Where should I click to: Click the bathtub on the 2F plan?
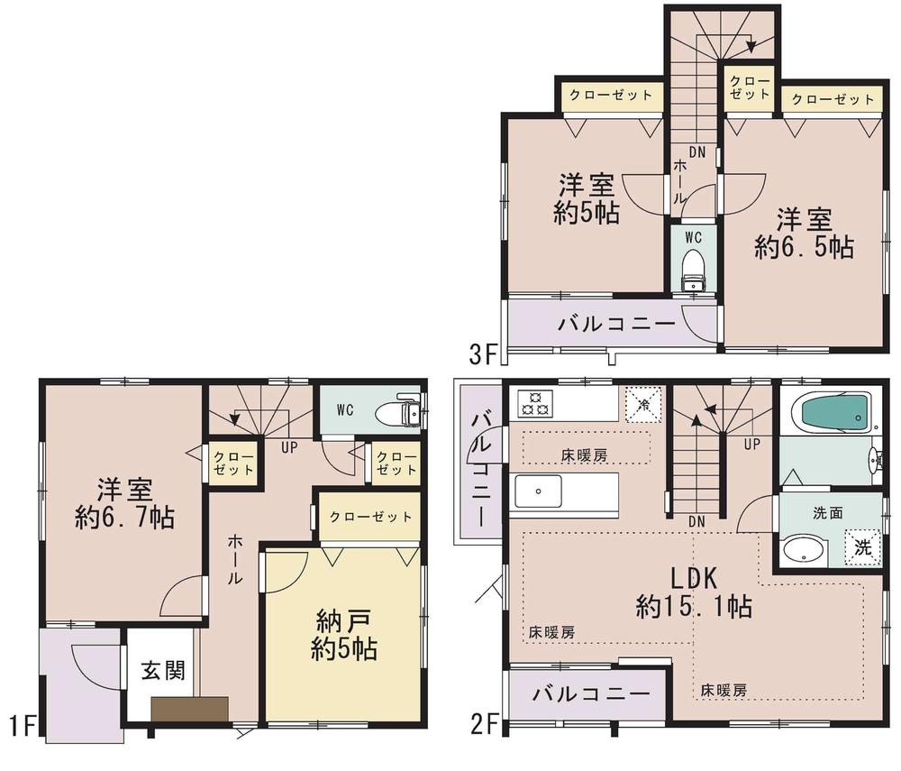(832, 411)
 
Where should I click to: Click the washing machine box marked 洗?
(860, 546)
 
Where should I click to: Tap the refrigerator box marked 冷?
(643, 403)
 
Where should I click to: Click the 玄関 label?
(163, 672)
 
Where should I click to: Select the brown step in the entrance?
(189, 709)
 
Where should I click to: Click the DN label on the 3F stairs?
(696, 151)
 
